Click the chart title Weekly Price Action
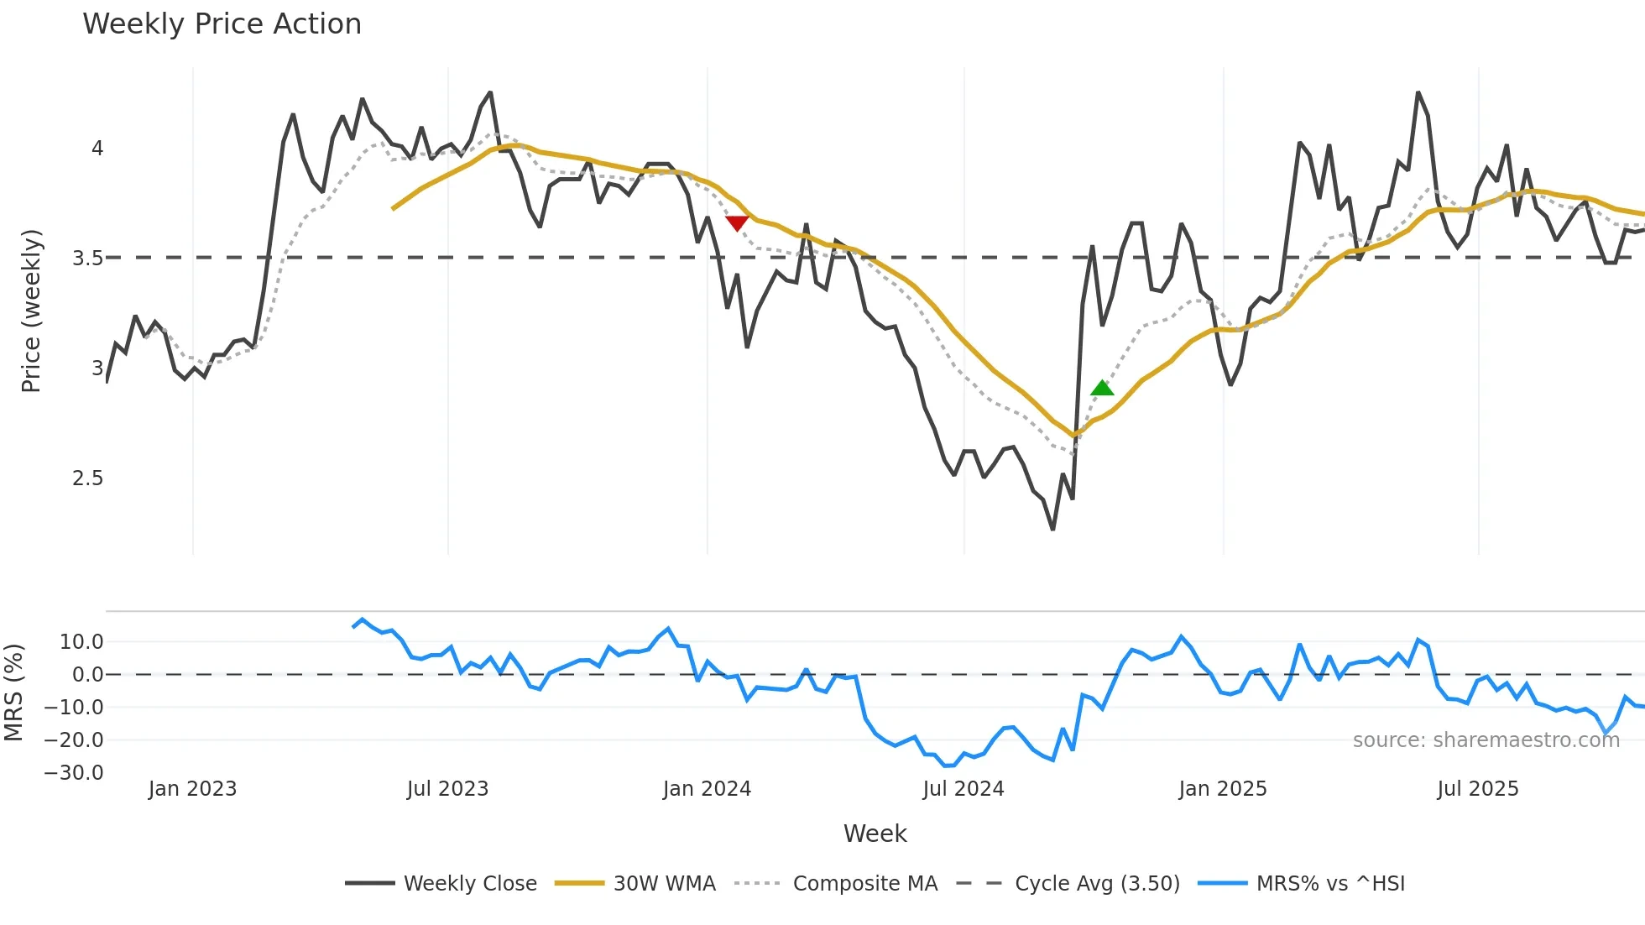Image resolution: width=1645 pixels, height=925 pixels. tap(222, 24)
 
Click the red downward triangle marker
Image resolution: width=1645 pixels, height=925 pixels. tap(737, 223)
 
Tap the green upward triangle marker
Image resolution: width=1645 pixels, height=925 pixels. tap(1102, 388)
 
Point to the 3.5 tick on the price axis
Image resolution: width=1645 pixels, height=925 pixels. tap(87, 259)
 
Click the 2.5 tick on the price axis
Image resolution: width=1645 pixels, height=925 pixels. tap(87, 478)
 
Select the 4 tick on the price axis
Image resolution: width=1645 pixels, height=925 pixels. tap(97, 149)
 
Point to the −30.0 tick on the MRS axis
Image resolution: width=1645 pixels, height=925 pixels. tap(74, 773)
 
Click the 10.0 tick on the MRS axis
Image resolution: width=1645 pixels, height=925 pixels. tap(81, 642)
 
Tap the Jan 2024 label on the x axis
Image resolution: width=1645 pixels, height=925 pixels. tap(707, 789)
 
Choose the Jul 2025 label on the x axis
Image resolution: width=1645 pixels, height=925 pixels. tap(1478, 789)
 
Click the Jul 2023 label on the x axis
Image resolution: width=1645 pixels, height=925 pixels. tap(447, 789)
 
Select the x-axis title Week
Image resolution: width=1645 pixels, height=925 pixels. tap(875, 834)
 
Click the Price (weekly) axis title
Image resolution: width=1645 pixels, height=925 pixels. tap(31, 311)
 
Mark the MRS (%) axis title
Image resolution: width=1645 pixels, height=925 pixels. tap(13, 692)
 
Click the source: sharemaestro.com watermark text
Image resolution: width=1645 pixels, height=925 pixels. tap(1486, 740)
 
